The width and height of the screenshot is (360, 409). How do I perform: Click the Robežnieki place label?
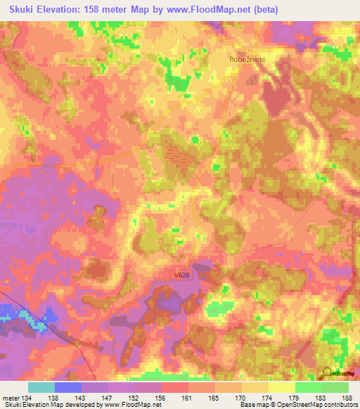click(247, 60)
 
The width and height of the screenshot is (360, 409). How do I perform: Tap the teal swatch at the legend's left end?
click(41, 387)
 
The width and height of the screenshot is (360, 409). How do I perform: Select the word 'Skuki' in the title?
click(24, 10)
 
